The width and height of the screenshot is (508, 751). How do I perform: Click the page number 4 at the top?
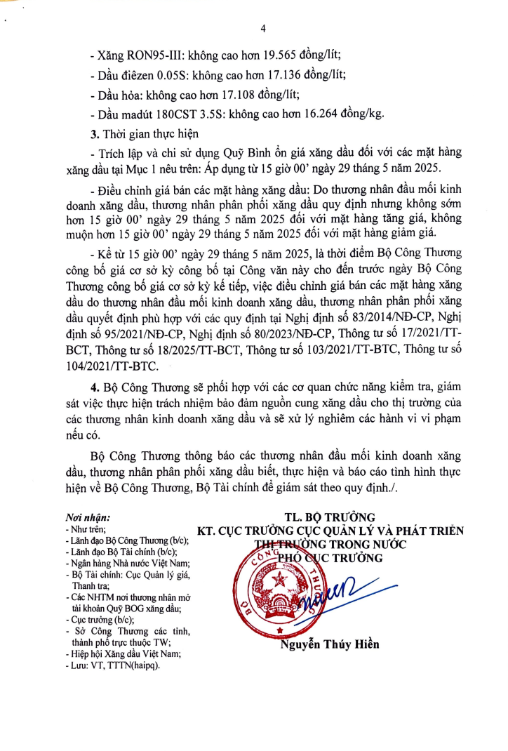click(263, 29)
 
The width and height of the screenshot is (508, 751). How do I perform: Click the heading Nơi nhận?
click(88, 517)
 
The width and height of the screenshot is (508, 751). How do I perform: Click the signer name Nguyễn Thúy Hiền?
click(330, 644)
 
